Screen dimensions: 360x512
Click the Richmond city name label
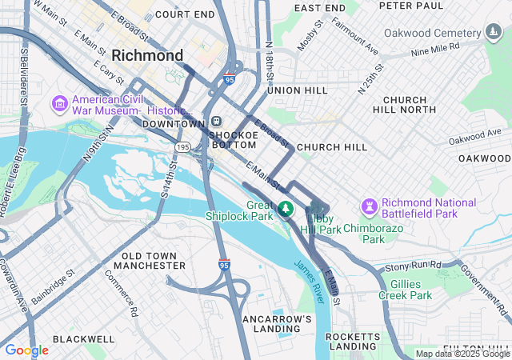tap(148, 56)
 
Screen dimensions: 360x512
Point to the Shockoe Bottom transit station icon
tap(217, 122)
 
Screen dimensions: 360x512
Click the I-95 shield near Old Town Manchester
tap(224, 264)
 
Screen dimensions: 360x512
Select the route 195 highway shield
tap(183, 147)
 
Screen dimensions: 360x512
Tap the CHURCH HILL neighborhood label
tap(331, 147)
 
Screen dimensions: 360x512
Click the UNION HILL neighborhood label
tap(297, 90)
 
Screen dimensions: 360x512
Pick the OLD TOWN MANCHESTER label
tap(154, 260)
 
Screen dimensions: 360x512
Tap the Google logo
tap(26, 350)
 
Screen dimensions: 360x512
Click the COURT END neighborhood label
tap(185, 14)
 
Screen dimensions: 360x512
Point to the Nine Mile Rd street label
tap(437, 50)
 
